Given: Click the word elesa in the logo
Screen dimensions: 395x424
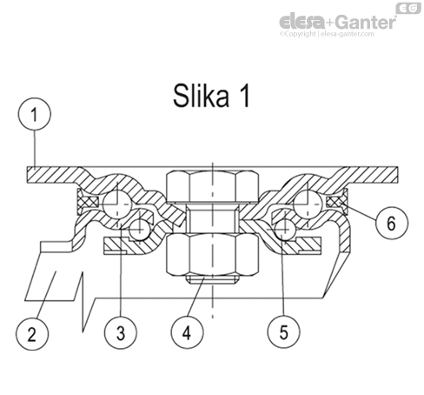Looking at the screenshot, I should [x=303, y=22].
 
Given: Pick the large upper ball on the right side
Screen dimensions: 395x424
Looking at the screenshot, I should [x=305, y=202].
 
